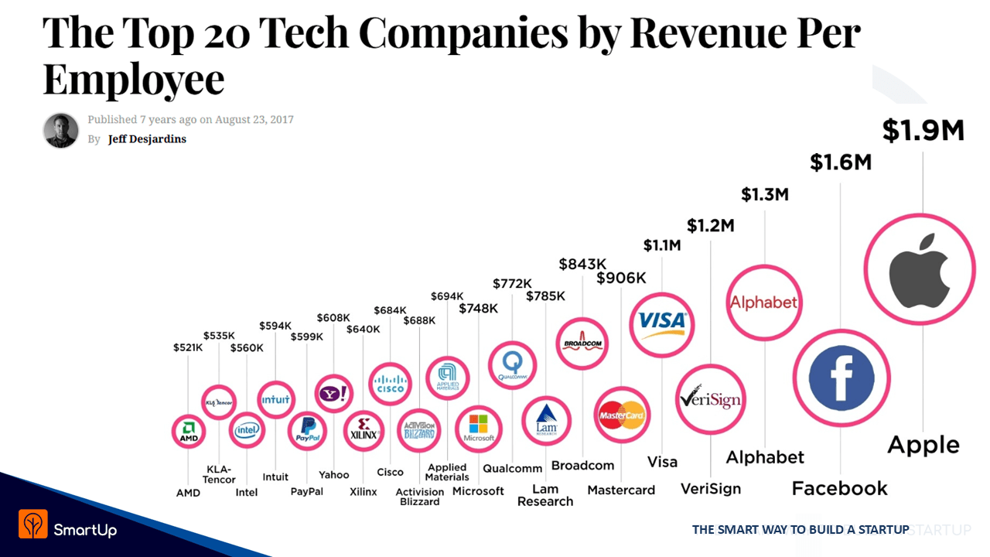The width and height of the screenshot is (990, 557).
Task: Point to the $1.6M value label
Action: click(x=841, y=162)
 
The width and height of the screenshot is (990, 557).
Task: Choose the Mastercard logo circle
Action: click(x=622, y=415)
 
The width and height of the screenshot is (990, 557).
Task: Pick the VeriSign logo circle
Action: click(x=711, y=399)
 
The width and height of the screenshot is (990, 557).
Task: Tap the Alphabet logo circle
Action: click(x=763, y=302)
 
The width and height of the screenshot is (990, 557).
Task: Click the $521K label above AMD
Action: click(x=188, y=348)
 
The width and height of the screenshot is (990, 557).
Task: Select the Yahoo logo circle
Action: click(x=334, y=394)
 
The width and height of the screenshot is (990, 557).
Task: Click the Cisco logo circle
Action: click(x=390, y=384)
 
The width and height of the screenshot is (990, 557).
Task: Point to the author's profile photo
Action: click(x=60, y=130)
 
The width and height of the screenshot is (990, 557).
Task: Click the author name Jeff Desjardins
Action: click(x=147, y=139)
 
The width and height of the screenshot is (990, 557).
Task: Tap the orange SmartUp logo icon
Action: click(x=33, y=524)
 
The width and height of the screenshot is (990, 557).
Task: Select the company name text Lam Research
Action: click(x=545, y=495)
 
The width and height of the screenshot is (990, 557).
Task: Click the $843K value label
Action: click(x=582, y=265)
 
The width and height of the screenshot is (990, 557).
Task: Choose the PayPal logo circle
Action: click(x=308, y=432)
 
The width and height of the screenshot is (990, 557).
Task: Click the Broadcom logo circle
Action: click(x=582, y=343)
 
